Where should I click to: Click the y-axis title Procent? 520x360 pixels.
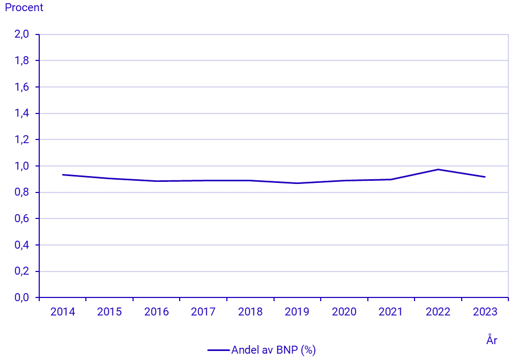click(x=24, y=8)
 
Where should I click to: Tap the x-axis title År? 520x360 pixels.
click(x=491, y=340)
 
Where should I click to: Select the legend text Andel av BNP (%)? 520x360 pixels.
click(x=274, y=350)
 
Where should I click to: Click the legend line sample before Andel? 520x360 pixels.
click(x=218, y=350)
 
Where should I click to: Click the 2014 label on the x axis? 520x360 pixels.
click(x=63, y=312)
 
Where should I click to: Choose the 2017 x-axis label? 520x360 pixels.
click(x=203, y=312)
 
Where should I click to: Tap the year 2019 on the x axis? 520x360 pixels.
click(x=297, y=312)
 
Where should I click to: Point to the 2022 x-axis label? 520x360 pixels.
click(x=438, y=312)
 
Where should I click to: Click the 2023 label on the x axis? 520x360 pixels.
click(x=484, y=312)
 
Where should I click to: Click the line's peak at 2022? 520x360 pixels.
click(x=438, y=170)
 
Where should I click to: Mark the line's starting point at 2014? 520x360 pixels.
click(x=63, y=175)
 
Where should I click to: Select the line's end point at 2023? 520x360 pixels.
click(x=485, y=177)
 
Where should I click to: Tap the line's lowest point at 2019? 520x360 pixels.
click(x=297, y=183)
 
